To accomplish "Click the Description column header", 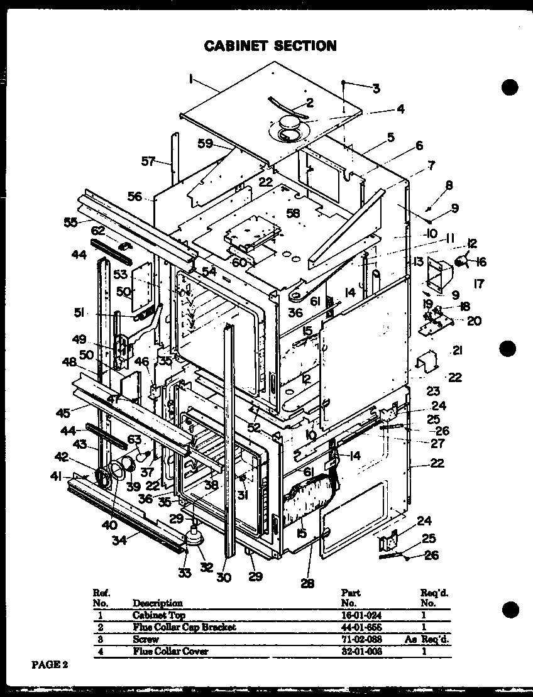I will (x=157, y=603).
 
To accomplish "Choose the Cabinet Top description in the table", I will (x=158, y=615).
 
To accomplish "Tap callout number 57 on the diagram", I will (x=148, y=162).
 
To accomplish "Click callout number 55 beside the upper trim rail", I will (x=71, y=221).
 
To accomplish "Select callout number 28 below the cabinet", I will (x=307, y=583).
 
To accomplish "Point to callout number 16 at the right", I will (x=481, y=262).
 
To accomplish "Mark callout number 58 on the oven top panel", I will (x=293, y=212).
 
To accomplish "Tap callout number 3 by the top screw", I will (x=376, y=89).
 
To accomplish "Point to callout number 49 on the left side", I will (x=79, y=339).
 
